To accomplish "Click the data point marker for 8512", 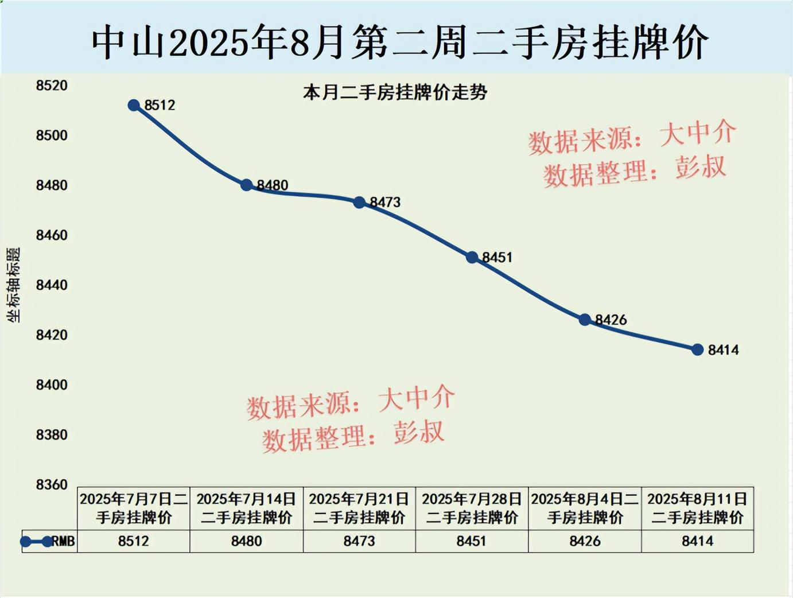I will [x=134, y=105].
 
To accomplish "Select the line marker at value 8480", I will [x=247, y=185].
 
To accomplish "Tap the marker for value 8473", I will [x=359, y=203].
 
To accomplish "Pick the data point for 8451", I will [x=472, y=258].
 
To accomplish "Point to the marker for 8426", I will [x=585, y=320].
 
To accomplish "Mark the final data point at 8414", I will [x=698, y=350].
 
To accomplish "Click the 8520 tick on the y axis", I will [x=52, y=86].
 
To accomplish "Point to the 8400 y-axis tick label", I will [x=52, y=385].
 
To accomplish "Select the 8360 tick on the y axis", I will [x=52, y=484].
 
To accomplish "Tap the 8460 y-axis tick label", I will [x=52, y=235].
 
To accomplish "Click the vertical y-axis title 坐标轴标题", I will [x=13, y=285].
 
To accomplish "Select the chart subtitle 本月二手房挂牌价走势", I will [x=395, y=92].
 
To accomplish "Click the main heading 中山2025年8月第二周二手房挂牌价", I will [x=400, y=42].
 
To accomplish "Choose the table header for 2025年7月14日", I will [x=247, y=508].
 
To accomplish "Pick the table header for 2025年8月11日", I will [x=698, y=508].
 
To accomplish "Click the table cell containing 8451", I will [x=472, y=541].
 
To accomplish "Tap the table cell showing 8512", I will [x=134, y=541].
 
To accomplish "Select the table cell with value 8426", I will [x=585, y=541].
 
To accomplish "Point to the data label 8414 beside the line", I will [x=724, y=350].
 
